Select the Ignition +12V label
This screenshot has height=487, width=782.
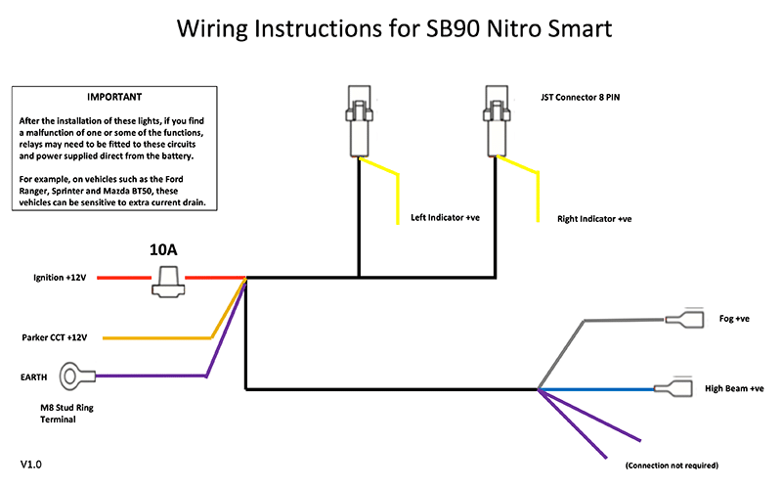pos(61,279)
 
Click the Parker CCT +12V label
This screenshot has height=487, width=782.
pos(55,337)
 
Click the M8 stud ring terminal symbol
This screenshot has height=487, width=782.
pos(74,376)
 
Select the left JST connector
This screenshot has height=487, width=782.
pos(357,121)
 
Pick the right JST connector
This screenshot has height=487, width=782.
pos(496,121)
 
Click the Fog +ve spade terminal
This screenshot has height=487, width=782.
pos(685,319)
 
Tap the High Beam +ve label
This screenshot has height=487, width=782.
pos(734,388)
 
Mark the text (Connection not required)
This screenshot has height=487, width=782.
pos(672,464)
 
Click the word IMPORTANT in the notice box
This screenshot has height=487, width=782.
pos(114,98)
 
